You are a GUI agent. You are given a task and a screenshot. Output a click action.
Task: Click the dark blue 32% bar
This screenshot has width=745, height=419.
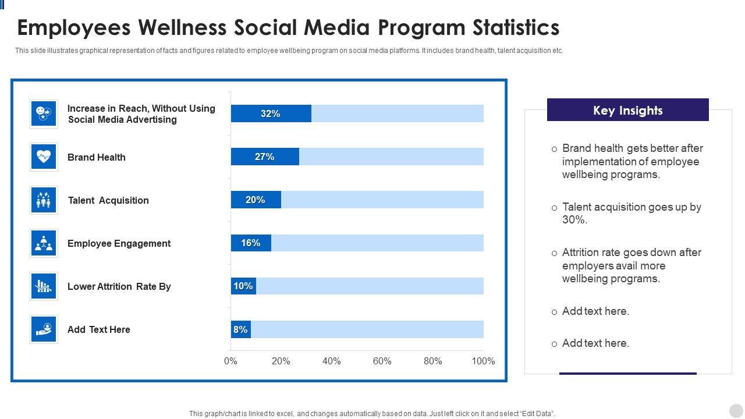click(x=271, y=113)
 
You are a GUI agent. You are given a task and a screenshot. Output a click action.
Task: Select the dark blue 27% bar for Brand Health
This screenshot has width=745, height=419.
click(x=265, y=157)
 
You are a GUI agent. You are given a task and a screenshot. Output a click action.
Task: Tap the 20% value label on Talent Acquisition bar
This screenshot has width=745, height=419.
click(x=256, y=200)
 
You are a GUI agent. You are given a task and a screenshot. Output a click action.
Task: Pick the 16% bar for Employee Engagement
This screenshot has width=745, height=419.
click(x=251, y=243)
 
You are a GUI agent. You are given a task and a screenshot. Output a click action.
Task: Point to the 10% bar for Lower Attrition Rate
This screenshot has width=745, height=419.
click(x=243, y=286)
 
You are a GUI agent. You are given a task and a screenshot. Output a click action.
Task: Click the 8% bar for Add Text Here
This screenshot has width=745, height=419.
click(x=240, y=329)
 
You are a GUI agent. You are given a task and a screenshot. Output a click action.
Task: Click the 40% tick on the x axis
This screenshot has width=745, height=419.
click(x=331, y=361)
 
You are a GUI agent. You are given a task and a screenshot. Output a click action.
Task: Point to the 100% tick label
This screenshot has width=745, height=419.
click(x=483, y=361)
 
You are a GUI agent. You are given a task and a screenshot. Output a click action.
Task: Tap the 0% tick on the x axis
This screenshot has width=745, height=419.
click(x=230, y=361)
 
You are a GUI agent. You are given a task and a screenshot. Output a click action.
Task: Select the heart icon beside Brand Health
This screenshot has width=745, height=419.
click(x=44, y=157)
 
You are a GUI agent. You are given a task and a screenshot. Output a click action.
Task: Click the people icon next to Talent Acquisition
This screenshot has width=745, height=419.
click(x=44, y=200)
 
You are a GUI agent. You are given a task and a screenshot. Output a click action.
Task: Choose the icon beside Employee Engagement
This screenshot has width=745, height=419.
click(x=44, y=243)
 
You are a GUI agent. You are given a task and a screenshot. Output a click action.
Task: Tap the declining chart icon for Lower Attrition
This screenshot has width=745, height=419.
click(x=44, y=286)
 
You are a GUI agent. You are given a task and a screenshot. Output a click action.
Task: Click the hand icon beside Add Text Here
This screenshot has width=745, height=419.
click(x=44, y=329)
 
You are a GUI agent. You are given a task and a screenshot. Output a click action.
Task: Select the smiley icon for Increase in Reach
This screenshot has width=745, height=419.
click(x=44, y=113)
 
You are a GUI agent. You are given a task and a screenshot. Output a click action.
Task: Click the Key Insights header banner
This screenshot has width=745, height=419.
click(x=627, y=110)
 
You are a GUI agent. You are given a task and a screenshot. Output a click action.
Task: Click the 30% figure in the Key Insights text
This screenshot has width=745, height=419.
click(x=574, y=220)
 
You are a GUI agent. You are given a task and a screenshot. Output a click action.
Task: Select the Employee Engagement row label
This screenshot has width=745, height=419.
click(x=119, y=243)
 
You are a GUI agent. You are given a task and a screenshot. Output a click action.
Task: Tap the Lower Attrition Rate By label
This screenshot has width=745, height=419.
click(x=119, y=286)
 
